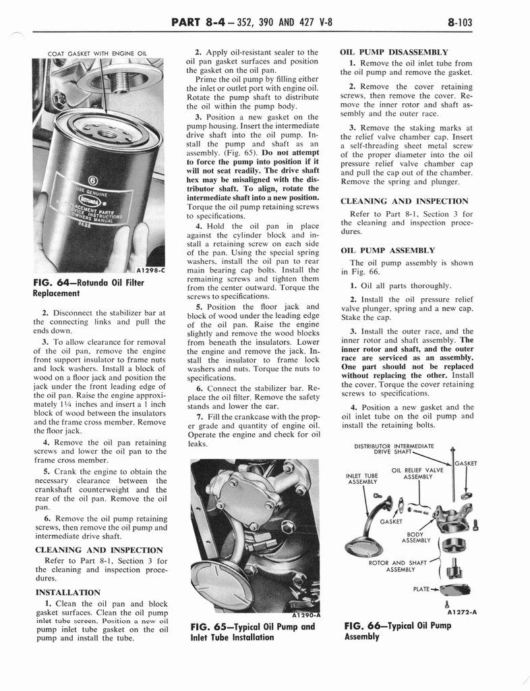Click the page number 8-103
(459, 22)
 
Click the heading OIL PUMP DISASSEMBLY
(394, 51)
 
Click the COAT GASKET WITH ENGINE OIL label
(97, 54)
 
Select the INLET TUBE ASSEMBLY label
(362, 478)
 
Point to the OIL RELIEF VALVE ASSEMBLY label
(417, 473)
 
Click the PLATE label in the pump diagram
(421, 589)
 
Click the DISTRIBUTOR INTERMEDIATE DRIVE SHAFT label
(394, 449)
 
